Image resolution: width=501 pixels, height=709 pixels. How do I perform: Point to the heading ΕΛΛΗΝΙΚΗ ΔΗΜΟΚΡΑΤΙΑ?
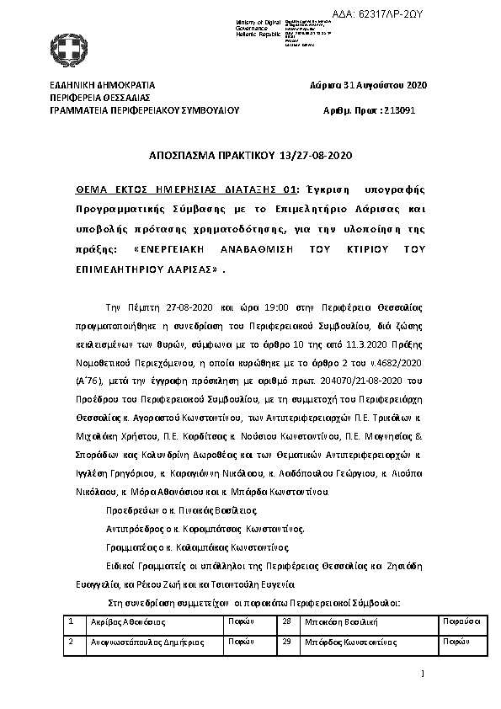[102, 86]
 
